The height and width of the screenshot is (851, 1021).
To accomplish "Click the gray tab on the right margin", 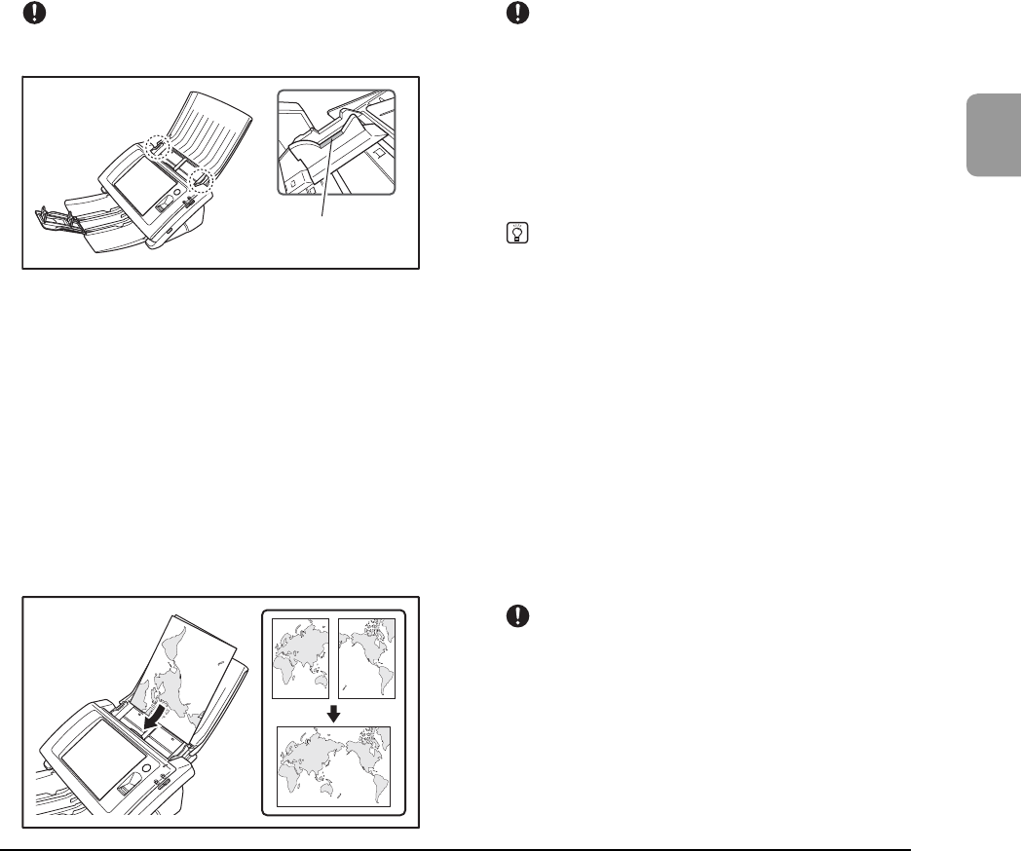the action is [993, 135].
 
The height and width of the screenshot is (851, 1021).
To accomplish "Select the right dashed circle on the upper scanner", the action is [202, 179].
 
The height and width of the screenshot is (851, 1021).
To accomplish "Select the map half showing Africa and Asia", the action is [301, 658].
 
